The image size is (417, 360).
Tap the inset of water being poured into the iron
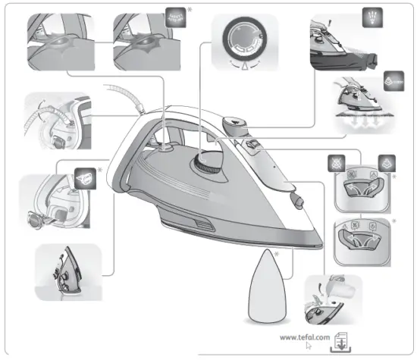(x=331, y=301)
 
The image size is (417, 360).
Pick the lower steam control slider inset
(x=362, y=240)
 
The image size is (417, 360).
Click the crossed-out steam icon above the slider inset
(x=339, y=161)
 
